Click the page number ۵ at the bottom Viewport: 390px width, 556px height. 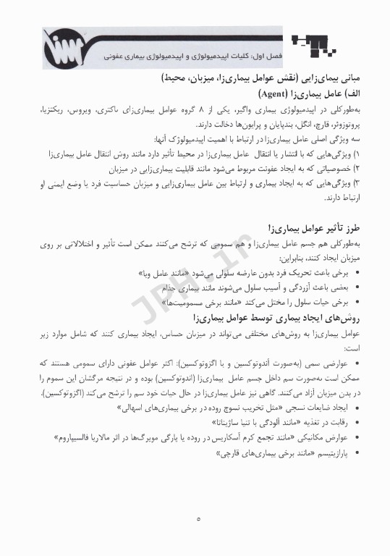tap(198, 518)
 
